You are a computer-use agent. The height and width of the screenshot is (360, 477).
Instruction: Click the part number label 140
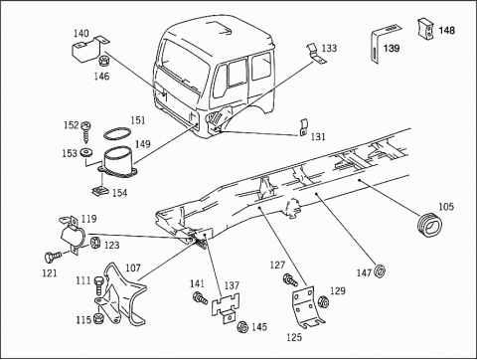coord(81,33)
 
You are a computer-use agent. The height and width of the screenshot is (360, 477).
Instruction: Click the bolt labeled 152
coord(87,128)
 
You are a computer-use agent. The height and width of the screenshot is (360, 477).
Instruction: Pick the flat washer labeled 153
coord(89,153)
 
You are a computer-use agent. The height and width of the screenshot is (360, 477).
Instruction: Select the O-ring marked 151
coord(117,135)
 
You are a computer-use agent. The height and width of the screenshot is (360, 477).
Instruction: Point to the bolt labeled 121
coord(56,256)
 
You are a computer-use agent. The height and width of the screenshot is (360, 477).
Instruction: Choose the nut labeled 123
coord(94,243)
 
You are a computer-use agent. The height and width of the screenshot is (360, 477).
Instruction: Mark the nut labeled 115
coord(98,319)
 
